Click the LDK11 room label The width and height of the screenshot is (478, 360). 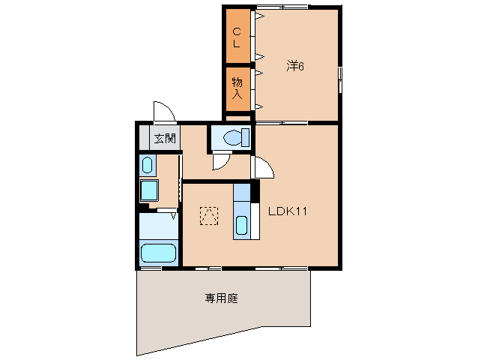click(288, 211)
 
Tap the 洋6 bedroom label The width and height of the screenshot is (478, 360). click(294, 66)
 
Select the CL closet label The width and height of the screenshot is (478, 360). click(236, 37)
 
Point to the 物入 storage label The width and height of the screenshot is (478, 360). click(236, 88)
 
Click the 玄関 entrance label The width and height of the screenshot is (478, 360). click(165, 138)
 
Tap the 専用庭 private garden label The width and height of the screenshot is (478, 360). click(221, 298)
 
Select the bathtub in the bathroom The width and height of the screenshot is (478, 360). click(158, 253)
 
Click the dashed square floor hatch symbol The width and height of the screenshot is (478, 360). click(209, 215)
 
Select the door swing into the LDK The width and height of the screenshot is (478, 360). click(264, 168)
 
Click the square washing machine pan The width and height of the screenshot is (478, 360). click(150, 190)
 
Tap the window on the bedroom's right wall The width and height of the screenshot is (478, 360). click(340, 79)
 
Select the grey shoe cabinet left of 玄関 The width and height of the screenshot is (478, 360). click(144, 138)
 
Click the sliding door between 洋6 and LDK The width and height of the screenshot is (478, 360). click(281, 121)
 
